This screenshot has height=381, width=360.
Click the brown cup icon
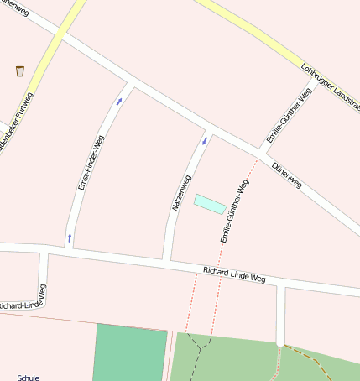(19, 70)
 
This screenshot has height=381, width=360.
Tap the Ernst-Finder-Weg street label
(91, 163)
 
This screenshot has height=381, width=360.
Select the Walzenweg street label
(181, 192)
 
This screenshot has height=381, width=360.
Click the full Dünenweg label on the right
(286, 174)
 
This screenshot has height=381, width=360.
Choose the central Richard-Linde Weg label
(234, 274)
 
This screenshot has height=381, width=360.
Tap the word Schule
(28, 378)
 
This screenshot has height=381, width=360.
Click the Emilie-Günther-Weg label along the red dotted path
(235, 211)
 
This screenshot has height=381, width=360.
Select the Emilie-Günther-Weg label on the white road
(277, 118)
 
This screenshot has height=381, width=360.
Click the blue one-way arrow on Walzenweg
(204, 139)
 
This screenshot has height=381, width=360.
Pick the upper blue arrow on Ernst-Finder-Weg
(119, 102)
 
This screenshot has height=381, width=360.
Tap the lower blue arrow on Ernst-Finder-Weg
(70, 237)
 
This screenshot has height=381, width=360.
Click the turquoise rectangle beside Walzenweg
(210, 204)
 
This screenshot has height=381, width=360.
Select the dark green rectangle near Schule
(130, 352)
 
